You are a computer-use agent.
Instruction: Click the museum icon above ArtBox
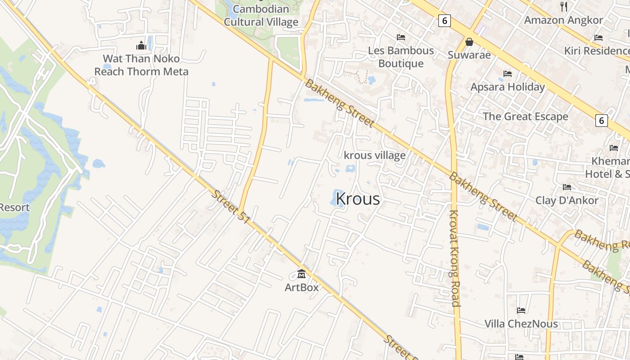(x=301, y=273)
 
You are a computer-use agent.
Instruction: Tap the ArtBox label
(x=301, y=287)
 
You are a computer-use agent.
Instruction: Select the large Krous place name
(x=358, y=199)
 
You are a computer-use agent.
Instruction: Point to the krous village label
(x=374, y=155)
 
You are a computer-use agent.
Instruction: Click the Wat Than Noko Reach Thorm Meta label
(x=141, y=65)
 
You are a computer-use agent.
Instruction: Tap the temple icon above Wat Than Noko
(x=141, y=45)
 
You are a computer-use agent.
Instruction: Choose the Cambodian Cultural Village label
(x=261, y=15)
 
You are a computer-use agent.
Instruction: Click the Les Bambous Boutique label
(x=401, y=57)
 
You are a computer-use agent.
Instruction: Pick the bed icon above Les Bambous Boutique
(x=401, y=37)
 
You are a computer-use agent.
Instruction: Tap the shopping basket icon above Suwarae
(x=469, y=42)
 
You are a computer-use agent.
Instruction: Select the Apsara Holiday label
(x=508, y=87)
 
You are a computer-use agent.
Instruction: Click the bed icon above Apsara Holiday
(x=508, y=73)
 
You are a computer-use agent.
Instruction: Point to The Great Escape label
(x=526, y=117)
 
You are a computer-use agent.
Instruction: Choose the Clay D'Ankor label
(x=567, y=200)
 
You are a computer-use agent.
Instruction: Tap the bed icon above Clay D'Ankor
(x=567, y=187)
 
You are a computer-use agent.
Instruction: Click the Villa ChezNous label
(x=521, y=324)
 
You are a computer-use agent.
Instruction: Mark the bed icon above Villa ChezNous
(x=521, y=310)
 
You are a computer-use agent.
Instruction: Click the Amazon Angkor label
(x=563, y=20)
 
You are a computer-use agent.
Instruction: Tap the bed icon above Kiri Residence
(x=598, y=37)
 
